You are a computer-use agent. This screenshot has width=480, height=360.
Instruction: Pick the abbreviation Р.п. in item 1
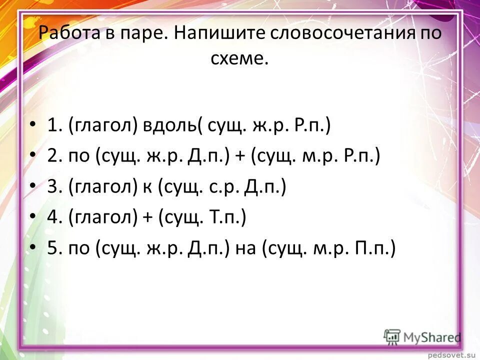pos(310,125)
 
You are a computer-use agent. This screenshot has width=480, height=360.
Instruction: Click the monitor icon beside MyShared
pos(392,336)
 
